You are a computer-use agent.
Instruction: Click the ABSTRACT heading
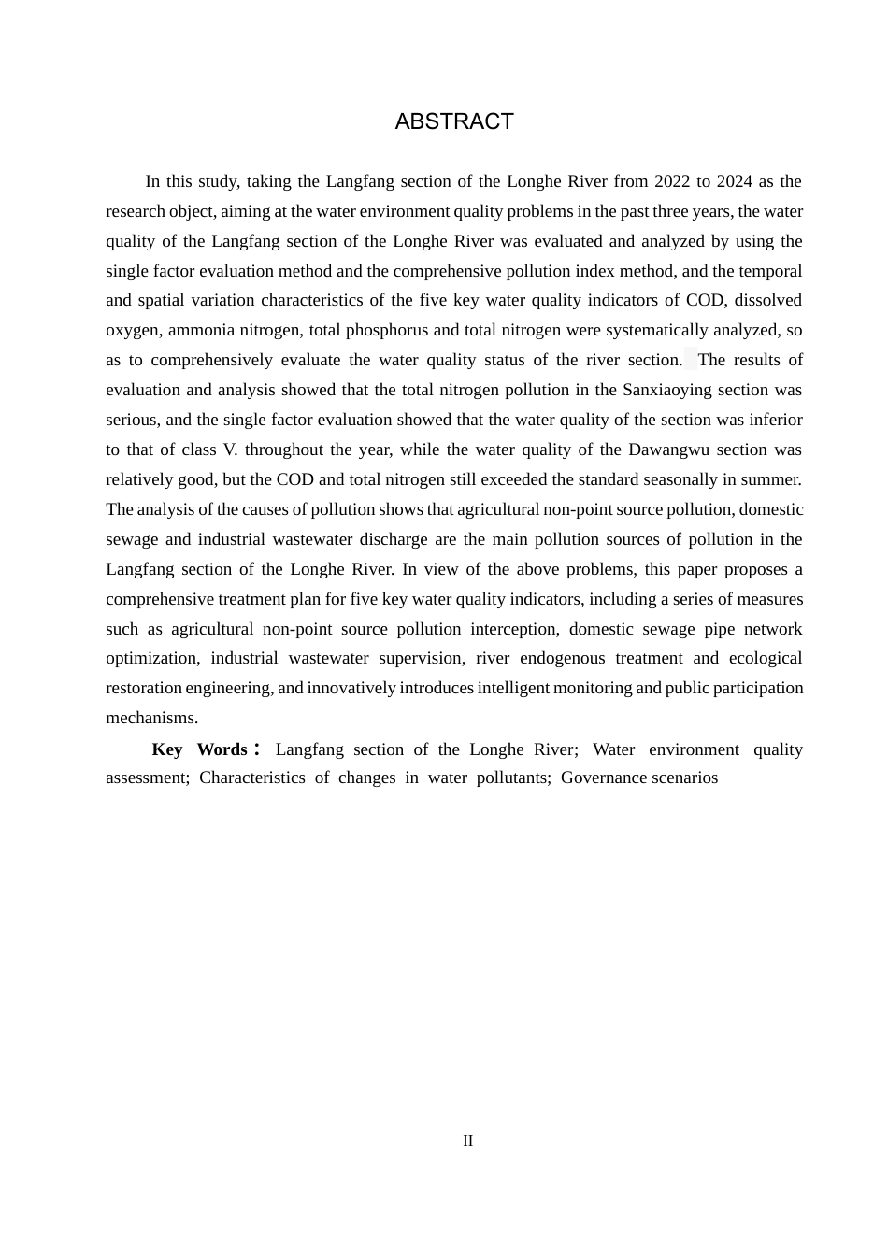(454, 122)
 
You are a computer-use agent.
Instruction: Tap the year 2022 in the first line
(672, 181)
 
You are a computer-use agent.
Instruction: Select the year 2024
(735, 181)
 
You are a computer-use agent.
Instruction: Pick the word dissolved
(766, 300)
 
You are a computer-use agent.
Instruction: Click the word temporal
(770, 271)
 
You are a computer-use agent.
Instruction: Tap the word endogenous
(563, 658)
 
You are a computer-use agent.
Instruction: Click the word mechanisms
(151, 718)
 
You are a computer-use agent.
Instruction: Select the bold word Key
(167, 749)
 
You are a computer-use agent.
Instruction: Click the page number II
(467, 1141)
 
